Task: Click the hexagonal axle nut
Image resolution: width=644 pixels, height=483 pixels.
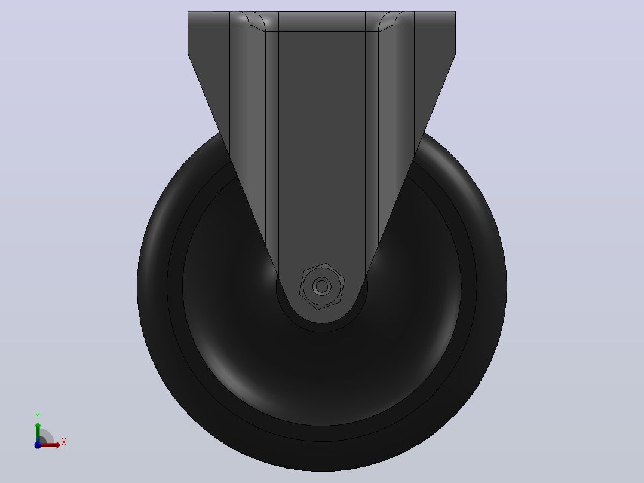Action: [321, 286]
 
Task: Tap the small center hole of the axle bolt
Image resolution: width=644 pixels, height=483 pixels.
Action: [322, 286]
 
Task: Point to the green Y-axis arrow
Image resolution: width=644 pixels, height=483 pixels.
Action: [38, 432]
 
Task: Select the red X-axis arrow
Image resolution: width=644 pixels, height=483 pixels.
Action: [49, 445]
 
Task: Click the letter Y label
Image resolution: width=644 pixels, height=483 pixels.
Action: [38, 416]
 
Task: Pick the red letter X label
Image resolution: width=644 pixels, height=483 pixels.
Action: [64, 442]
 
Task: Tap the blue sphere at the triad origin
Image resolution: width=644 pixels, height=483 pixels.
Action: [38, 445]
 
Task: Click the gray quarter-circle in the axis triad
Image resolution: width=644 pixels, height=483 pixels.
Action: [46, 436]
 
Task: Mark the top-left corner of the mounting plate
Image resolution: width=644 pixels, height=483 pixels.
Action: [188, 12]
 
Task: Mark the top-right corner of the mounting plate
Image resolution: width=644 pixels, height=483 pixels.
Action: [455, 12]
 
